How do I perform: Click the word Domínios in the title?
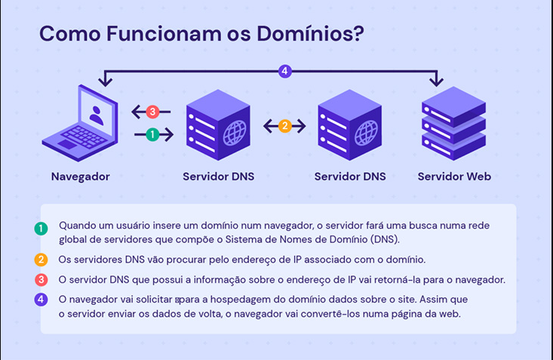point(305,34)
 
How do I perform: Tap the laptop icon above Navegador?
point(84,121)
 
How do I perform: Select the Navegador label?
point(81,177)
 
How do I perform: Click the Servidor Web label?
point(454,177)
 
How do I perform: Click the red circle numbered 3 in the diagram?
point(152,112)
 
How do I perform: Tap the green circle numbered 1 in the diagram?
point(153,134)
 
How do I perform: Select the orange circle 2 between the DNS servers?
point(284,126)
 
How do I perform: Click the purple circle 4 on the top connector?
point(284,72)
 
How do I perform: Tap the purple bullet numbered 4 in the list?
point(41,300)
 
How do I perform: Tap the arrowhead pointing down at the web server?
point(436,82)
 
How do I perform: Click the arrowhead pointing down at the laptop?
point(105,82)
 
